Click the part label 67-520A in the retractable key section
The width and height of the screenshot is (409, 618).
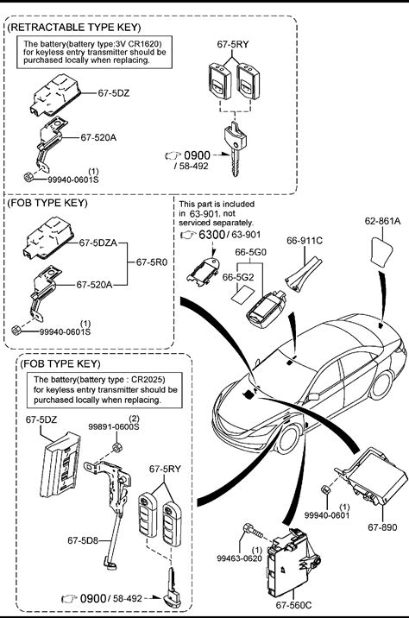click(98, 137)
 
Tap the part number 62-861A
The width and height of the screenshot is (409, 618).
click(382, 221)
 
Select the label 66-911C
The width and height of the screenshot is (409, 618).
click(305, 241)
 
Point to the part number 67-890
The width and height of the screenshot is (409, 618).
click(382, 527)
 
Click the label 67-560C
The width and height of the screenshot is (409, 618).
click(293, 604)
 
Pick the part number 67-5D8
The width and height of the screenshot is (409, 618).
click(83, 540)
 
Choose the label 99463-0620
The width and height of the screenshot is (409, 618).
click(239, 558)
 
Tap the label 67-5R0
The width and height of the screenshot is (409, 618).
click(152, 262)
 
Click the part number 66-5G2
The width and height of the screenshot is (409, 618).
click(238, 277)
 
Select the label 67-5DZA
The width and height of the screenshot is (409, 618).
click(98, 243)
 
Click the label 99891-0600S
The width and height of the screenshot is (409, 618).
click(114, 427)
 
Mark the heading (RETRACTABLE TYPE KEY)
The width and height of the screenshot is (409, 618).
click(74, 28)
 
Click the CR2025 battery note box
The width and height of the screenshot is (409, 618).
click(104, 390)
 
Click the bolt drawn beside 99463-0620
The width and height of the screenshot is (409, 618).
click(254, 531)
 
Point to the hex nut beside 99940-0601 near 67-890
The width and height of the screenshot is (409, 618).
click(325, 489)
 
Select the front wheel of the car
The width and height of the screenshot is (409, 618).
click(287, 438)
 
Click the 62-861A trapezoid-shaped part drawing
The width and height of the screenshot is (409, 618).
click(381, 253)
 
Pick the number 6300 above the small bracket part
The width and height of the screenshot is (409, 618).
click(211, 235)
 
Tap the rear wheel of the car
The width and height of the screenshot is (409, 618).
click(381, 384)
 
